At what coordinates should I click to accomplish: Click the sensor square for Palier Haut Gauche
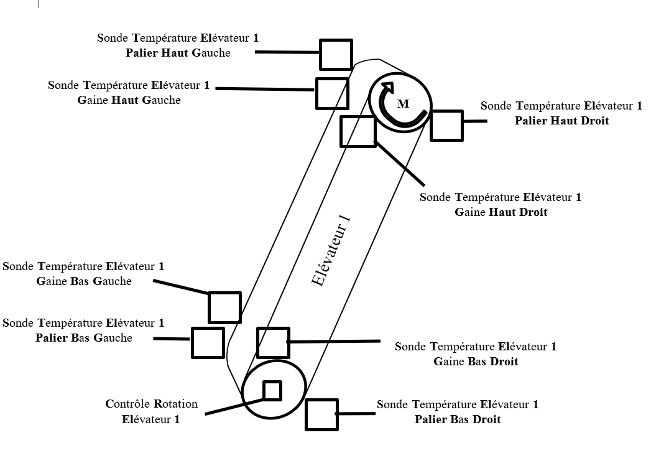click(x=336, y=55)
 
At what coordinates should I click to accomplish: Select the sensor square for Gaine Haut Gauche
click(x=331, y=93)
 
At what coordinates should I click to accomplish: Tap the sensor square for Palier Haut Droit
click(x=446, y=125)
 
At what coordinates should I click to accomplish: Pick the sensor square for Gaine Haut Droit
click(x=358, y=131)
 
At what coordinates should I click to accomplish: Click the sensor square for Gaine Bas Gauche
click(x=224, y=307)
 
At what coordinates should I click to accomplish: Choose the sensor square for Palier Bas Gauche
click(x=208, y=342)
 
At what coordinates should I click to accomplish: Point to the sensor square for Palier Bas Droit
click(x=321, y=414)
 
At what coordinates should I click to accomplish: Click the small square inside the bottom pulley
click(x=272, y=390)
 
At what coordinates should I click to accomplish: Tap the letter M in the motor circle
click(x=403, y=104)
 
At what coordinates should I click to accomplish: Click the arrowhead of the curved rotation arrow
click(x=387, y=88)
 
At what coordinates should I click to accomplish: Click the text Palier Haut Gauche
click(x=178, y=53)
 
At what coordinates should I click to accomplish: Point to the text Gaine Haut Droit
click(x=501, y=212)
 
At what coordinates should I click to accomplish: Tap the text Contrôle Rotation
click(x=152, y=404)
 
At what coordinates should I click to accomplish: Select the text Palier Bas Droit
click(x=458, y=419)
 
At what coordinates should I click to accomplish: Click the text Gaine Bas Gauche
click(x=84, y=281)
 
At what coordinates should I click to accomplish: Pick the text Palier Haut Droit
click(x=561, y=121)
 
